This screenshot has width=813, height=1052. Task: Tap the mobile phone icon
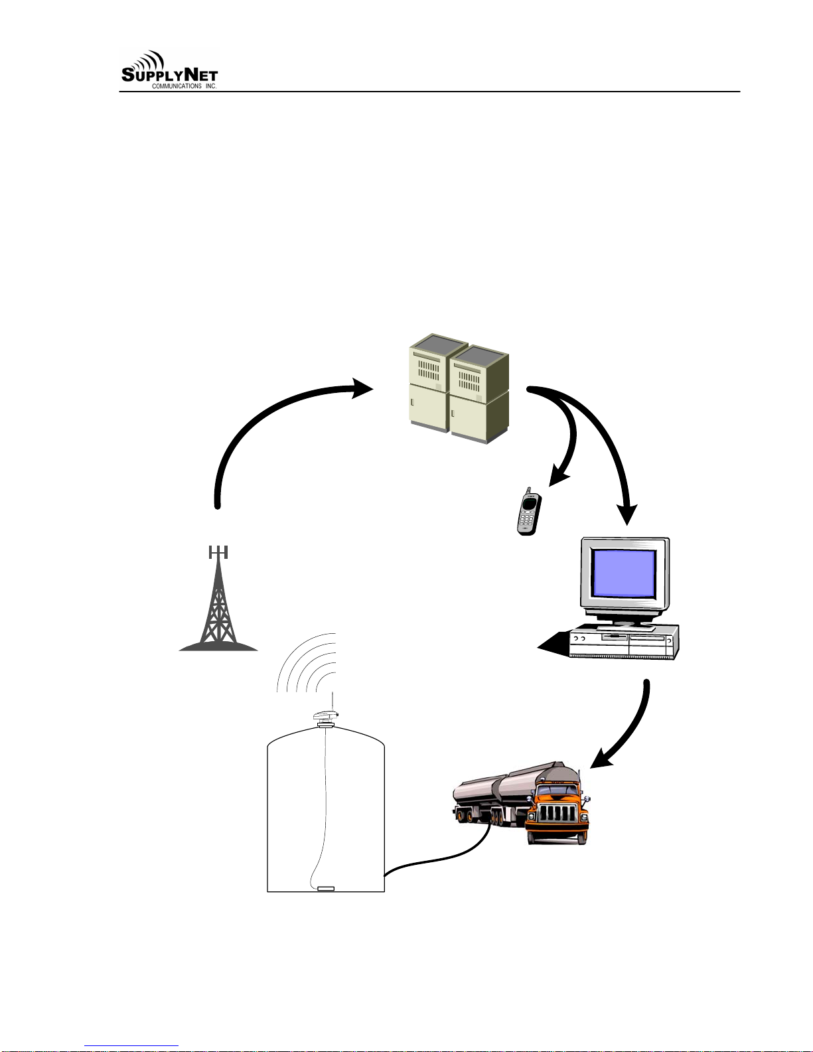click(x=528, y=511)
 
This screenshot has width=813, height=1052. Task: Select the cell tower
click(x=219, y=599)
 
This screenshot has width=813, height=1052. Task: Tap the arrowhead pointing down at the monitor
click(x=627, y=514)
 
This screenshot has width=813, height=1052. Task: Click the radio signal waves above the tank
click(x=307, y=662)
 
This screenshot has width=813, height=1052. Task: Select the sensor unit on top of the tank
click(x=326, y=718)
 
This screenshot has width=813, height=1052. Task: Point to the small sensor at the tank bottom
click(x=326, y=889)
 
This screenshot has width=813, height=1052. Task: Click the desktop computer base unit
click(x=625, y=641)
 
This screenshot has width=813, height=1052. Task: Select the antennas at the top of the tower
click(x=218, y=552)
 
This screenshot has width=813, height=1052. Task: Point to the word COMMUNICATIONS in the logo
click(x=177, y=86)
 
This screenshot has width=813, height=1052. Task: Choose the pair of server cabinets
click(x=459, y=389)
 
